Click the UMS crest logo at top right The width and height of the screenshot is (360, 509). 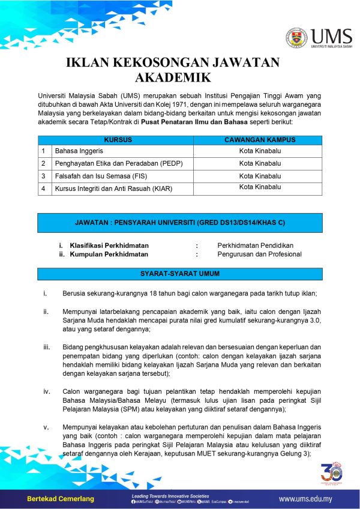297,37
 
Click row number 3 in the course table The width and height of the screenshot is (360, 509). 43,176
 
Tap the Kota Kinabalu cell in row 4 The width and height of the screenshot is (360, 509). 260,187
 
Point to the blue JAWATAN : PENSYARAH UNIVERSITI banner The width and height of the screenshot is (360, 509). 180,223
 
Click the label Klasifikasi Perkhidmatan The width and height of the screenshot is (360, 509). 109,245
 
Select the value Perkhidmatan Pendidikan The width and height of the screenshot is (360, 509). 255,245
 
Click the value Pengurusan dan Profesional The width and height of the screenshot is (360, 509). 259,254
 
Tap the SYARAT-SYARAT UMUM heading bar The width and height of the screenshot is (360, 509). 180,274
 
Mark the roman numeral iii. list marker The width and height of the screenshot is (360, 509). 46,347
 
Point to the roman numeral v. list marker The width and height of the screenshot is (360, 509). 46,426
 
